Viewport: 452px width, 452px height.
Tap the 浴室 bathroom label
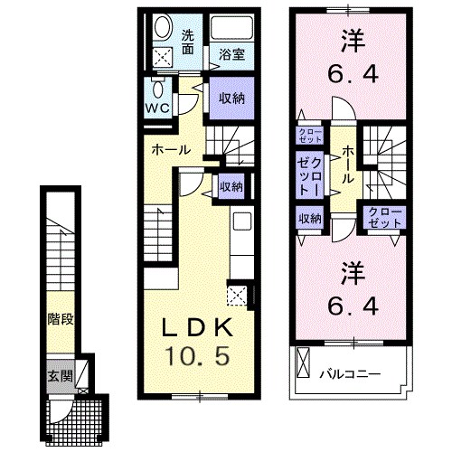coord(231,55)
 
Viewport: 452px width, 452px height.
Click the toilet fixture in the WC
coord(159,89)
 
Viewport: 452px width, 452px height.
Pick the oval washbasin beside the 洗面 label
coord(164,27)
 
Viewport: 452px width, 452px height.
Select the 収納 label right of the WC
coord(231,95)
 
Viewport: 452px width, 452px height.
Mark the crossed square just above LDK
coord(237,294)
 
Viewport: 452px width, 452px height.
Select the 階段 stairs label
coord(60,319)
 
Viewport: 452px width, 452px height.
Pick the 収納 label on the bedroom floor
coord(310,218)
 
